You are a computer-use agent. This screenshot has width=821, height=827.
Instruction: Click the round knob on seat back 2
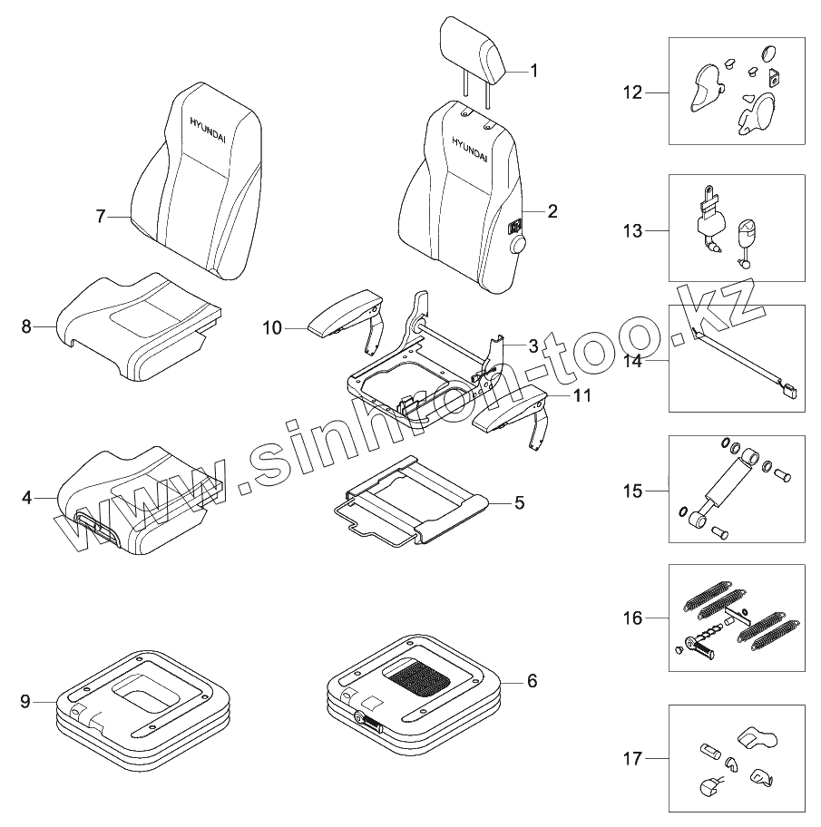(518, 246)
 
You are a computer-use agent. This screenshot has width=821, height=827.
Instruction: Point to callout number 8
(26, 326)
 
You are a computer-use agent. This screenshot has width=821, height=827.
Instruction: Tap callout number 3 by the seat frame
(533, 345)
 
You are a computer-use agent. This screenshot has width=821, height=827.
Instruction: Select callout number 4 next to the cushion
(26, 498)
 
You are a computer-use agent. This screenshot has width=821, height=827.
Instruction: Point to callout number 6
(532, 680)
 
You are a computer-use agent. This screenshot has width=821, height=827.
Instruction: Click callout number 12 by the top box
(632, 92)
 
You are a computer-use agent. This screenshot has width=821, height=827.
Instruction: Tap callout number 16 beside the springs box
(632, 618)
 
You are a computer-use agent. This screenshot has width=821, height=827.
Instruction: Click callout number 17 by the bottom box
(632, 758)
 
